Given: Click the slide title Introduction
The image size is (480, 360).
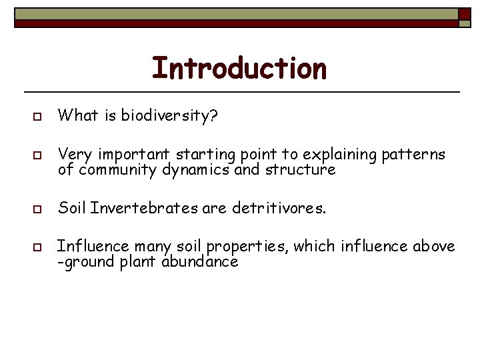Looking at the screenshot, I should tap(239, 68).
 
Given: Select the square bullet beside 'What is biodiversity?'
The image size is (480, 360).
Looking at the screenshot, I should tap(37, 117).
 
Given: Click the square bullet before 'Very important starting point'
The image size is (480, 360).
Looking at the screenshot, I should tap(37, 157).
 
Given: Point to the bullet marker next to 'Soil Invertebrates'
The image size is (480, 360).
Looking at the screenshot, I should tap(37, 209).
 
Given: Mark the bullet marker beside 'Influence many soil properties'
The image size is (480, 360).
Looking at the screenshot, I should tap(37, 248).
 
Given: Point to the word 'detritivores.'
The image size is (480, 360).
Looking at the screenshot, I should tap(279, 209).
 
